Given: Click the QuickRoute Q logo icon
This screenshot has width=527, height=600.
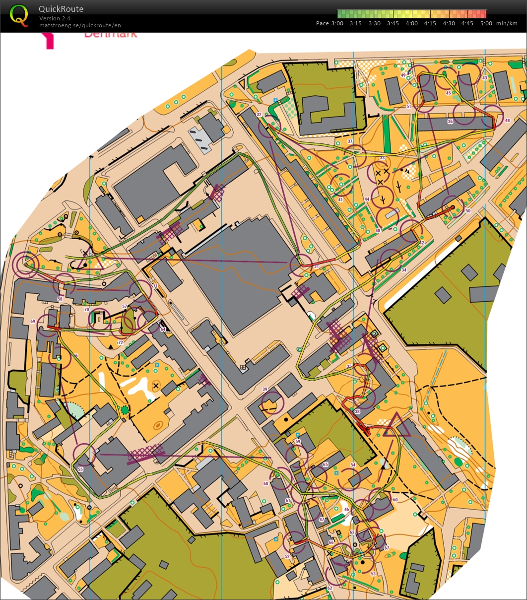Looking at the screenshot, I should tap(19, 15).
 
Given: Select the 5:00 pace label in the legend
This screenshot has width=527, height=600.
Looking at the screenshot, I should tap(486, 23).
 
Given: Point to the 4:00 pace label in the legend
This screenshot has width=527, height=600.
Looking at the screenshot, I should tap(411, 23).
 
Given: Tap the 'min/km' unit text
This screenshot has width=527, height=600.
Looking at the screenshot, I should tap(506, 23).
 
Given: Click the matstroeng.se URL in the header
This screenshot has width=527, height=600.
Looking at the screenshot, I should tap(80, 25).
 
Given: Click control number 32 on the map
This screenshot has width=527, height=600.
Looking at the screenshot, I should tap(259, 115).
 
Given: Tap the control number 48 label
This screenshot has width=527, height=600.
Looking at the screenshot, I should tap(507, 121).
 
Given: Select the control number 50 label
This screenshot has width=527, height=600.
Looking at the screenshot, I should tap(468, 211).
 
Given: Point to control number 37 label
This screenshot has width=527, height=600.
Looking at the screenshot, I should tap(350, 141).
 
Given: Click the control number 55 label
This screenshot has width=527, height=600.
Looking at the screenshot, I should tap(80, 468).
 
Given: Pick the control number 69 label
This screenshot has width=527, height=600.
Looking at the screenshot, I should tap(33, 322).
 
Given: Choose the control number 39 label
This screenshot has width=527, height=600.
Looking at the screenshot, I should tap(264, 389).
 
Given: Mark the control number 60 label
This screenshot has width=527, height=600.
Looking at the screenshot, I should tap(395, 500).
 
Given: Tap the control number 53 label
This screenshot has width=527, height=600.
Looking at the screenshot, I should tap(373, 574).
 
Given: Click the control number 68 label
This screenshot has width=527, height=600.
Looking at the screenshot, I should tap(265, 483).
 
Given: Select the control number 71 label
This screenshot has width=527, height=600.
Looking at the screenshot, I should tap(155, 287).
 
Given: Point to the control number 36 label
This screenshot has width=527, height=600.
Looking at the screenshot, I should tap(450, 122).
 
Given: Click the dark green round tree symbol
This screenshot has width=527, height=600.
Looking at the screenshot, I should tap(124, 409).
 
